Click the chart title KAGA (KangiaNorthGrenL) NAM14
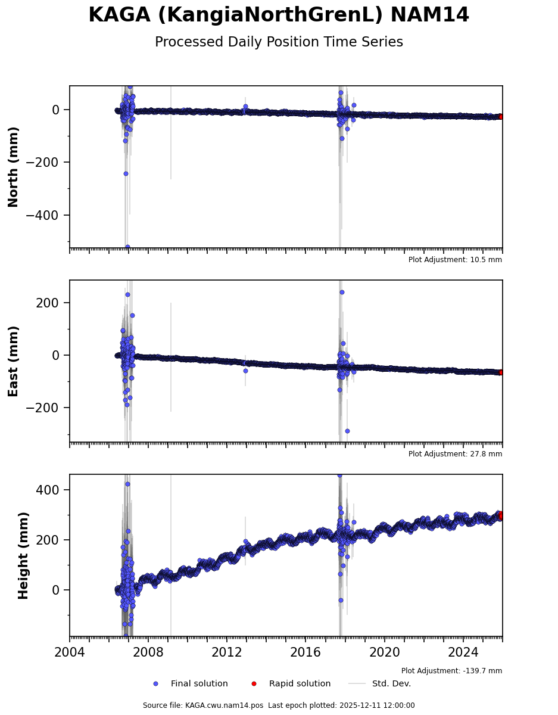pyautogui.click(x=279, y=15)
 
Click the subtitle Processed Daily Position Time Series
pyautogui.click(x=279, y=42)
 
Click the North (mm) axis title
pyautogui.click(x=14, y=167)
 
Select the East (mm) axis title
pyautogui.click(x=14, y=361)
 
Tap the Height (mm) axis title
pyautogui.click(x=23, y=555)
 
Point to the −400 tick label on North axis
pyautogui.click(x=43, y=215)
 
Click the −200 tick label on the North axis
pyautogui.click(x=43, y=163)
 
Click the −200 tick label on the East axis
pyautogui.click(x=43, y=408)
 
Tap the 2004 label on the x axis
pyautogui.click(x=70, y=651)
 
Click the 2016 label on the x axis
pyautogui.click(x=306, y=651)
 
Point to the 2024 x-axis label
pyautogui.click(x=463, y=651)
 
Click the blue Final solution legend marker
pyautogui.click(x=155, y=684)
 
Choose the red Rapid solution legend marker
pyautogui.click(x=254, y=684)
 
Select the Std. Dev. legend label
pyautogui.click(x=391, y=684)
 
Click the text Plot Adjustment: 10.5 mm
pyautogui.click(x=455, y=260)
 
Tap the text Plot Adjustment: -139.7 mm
pyautogui.click(x=451, y=671)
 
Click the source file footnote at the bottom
pyautogui.click(x=279, y=705)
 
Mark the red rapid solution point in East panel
pyautogui.click(x=501, y=372)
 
